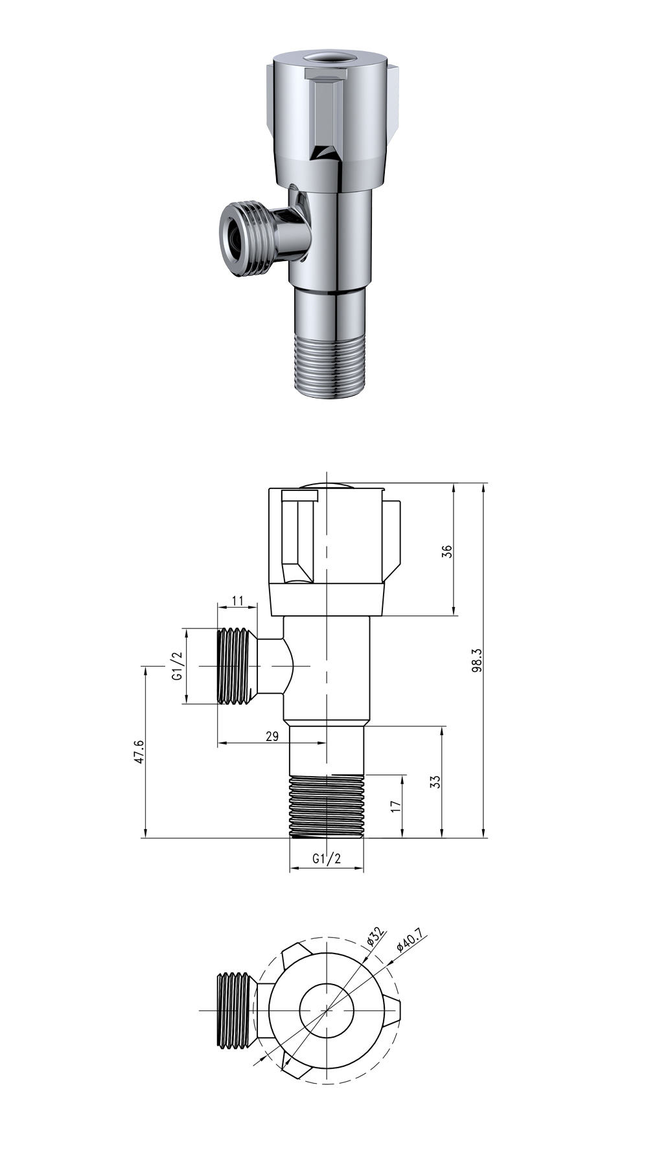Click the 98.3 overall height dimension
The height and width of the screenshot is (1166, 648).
pyautogui.click(x=478, y=660)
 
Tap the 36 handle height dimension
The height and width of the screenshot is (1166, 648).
pyautogui.click(x=446, y=551)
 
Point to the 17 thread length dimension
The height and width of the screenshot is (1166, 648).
pyautogui.click(x=397, y=806)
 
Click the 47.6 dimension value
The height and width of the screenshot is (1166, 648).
pyautogui.click(x=139, y=752)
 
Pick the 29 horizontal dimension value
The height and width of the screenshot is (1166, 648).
pyautogui.click(x=272, y=736)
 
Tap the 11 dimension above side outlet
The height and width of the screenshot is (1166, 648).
pyautogui.click(x=237, y=600)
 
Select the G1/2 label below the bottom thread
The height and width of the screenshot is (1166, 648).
pyautogui.click(x=326, y=859)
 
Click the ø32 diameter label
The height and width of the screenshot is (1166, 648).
pyautogui.click(x=376, y=937)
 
